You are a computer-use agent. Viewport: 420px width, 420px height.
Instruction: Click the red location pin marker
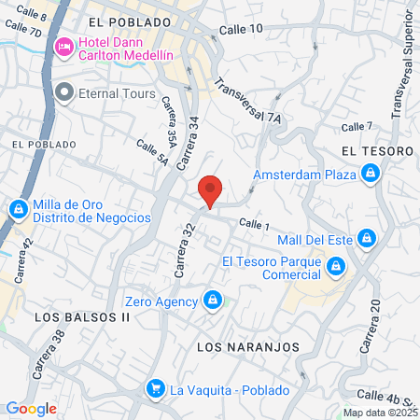(x=211, y=190)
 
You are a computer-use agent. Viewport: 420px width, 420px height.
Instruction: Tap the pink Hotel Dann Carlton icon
(x=65, y=47)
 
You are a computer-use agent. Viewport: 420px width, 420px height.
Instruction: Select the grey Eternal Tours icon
(x=65, y=91)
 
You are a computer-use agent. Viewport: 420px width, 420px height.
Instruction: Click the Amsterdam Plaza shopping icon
(x=371, y=173)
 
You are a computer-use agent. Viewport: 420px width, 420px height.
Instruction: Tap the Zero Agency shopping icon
(x=213, y=300)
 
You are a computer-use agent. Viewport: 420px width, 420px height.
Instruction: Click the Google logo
(x=32, y=408)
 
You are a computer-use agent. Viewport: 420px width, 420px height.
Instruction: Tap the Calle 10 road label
(x=241, y=30)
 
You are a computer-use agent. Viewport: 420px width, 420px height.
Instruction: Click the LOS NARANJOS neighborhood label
(x=249, y=346)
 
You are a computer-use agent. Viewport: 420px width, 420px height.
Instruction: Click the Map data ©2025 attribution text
(x=380, y=412)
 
